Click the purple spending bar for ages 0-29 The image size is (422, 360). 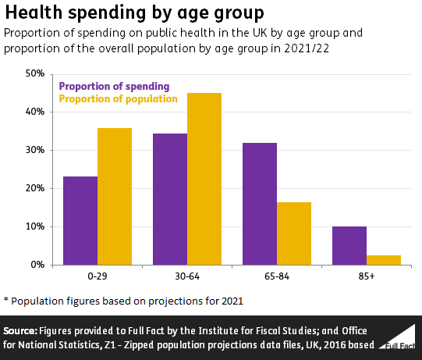[80, 221]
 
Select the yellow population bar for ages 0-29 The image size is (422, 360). [115, 197]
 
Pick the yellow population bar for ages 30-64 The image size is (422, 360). [204, 179]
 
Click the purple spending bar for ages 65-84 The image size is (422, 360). [260, 204]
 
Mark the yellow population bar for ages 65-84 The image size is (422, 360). [294, 233]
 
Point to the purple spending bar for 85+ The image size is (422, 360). [349, 246]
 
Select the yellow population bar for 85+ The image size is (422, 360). [384, 260]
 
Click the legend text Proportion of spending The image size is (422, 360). [114, 86]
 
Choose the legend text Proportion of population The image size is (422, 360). [118, 98]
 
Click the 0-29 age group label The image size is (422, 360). [98, 276]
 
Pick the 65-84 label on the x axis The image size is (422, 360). [277, 276]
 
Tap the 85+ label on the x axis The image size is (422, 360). [367, 276]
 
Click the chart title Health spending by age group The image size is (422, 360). [133, 13]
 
